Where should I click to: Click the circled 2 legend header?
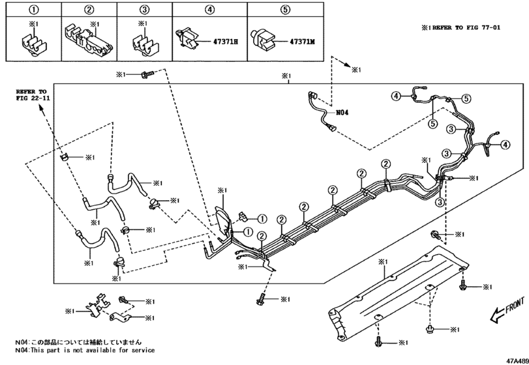click(x=89, y=10)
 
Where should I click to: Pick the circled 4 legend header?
click(x=209, y=10)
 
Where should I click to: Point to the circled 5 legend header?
click(x=286, y=10)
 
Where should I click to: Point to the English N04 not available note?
click(x=86, y=351)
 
